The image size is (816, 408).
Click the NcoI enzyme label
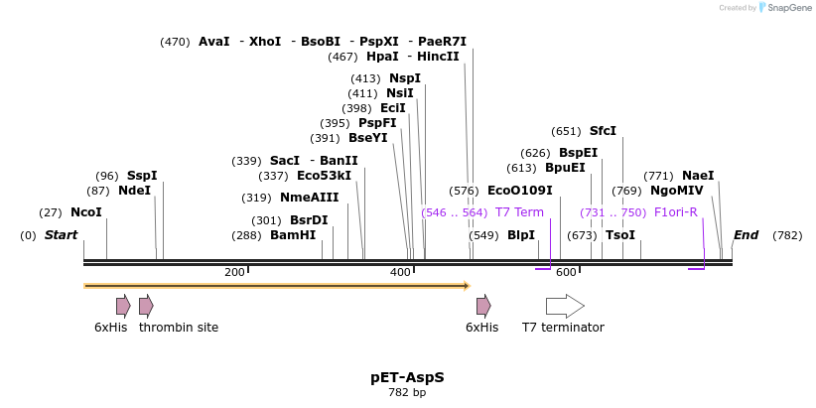coord(85,212)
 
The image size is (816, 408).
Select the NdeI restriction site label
coord(134,191)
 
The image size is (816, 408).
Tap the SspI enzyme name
coord(141,176)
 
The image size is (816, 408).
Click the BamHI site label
coord(293,235)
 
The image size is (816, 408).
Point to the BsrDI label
coord(309,220)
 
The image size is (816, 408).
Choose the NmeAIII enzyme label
coord(309,198)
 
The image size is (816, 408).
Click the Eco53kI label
coord(324,176)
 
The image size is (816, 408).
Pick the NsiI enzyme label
coord(399,93)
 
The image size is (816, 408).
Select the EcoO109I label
coord(519,191)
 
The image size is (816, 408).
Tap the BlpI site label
coord(521,235)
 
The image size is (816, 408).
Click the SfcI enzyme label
coord(603,131)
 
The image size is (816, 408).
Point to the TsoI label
coord(620,235)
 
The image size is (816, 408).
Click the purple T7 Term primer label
coord(519,212)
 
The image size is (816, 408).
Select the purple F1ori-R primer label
coord(676,212)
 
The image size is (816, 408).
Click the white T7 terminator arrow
coord(565,306)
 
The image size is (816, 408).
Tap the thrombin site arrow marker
coord(146,306)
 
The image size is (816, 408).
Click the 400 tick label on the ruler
coord(400,272)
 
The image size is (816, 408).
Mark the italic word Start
coord(61,235)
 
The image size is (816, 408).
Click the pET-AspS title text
coord(407,378)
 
